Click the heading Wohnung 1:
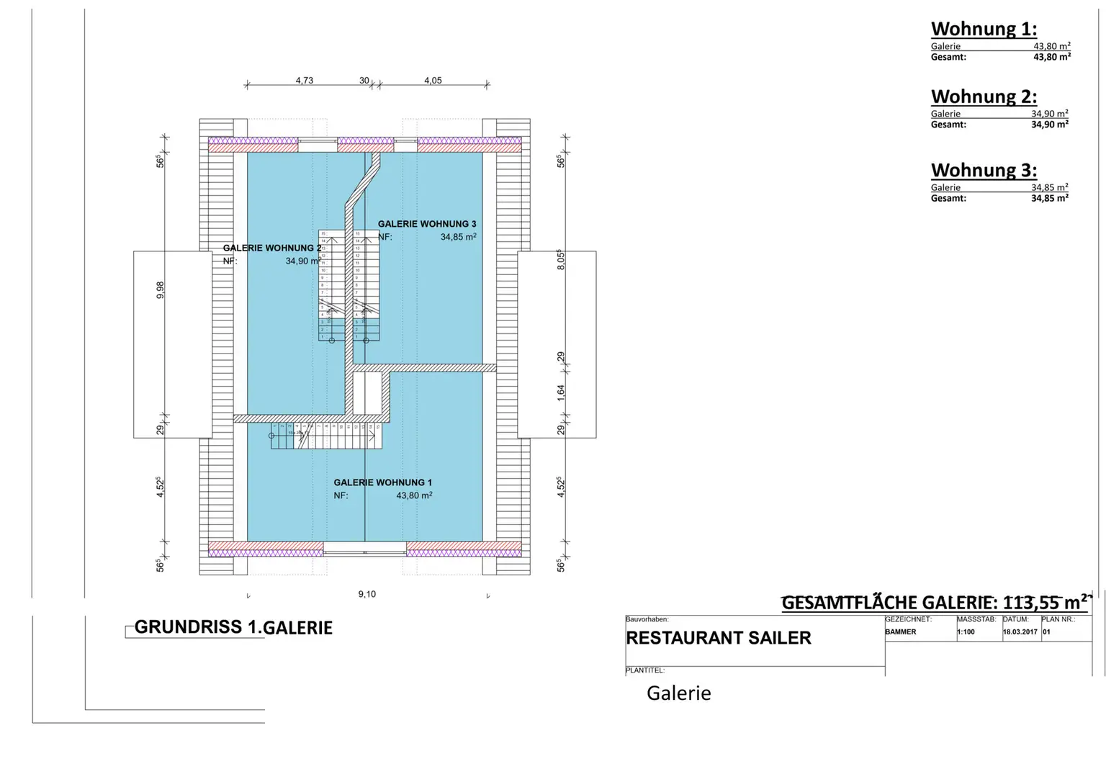984,29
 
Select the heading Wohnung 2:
984,96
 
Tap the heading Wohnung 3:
984,170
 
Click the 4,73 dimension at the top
304,81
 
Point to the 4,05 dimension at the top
433,81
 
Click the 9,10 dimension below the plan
367,594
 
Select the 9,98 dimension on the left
161,289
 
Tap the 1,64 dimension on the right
561,392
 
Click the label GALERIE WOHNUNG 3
427,224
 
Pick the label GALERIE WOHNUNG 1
382,482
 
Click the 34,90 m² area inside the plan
302,261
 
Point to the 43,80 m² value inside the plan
414,495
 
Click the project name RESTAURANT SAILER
719,638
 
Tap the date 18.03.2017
1020,632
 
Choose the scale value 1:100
966,632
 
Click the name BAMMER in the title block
901,632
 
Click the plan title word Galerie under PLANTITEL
678,693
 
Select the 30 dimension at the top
364,81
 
